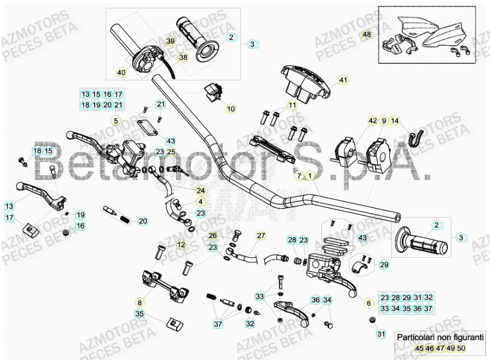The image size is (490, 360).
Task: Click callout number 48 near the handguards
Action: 366,35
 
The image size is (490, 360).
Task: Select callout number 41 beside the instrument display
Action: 343,80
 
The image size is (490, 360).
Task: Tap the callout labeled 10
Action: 231,109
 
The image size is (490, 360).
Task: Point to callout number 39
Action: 170,41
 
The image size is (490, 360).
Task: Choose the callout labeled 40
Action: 121,73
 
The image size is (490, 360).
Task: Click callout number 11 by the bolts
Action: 292,105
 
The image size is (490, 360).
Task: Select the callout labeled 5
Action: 115,121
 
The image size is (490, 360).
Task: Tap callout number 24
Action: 201,191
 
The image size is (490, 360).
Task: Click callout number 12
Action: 181,245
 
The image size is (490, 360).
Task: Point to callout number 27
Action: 261,235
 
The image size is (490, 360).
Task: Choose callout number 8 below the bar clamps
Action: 140,302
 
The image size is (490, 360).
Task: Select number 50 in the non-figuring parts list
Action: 461,348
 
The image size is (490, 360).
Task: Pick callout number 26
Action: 212,235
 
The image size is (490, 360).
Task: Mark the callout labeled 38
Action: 183,58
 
